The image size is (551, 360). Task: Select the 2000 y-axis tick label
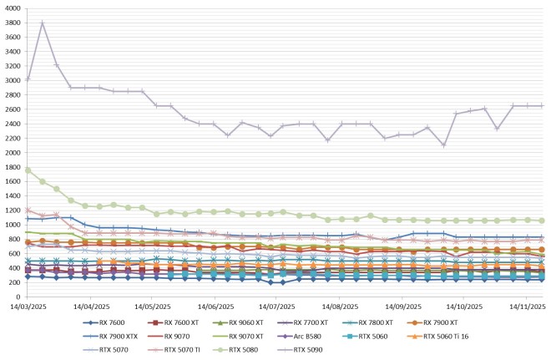(x=13, y=153)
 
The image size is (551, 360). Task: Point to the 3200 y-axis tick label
(x=13, y=66)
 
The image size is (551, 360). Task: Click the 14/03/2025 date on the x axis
(x=28, y=307)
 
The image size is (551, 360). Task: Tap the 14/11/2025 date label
(x=526, y=307)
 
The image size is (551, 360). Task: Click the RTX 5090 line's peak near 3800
(x=43, y=23)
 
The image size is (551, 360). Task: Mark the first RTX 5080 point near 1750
(x=28, y=170)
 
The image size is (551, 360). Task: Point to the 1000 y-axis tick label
(x=13, y=225)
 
